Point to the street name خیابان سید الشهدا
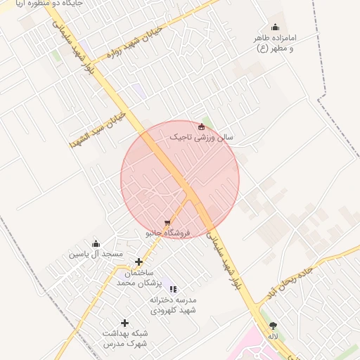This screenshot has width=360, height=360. click(98, 127)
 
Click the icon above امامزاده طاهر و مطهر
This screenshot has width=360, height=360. click(275, 27)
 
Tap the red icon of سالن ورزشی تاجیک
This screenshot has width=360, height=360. click(202, 127)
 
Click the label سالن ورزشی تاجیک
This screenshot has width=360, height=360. click(202, 137)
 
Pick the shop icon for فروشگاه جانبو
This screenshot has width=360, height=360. click(167, 223)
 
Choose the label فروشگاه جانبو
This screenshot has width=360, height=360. click(165, 233)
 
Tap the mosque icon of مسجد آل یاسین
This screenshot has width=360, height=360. click(96, 243)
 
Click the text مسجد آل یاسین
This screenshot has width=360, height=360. click(96, 253)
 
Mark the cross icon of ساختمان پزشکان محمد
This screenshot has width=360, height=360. click(139, 262)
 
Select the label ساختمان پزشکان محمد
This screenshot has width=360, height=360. click(139, 277)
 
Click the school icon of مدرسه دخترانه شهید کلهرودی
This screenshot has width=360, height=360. click(173, 289)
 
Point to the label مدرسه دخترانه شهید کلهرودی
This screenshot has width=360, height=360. click(173, 304)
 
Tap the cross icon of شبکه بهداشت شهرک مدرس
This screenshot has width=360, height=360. click(125, 323)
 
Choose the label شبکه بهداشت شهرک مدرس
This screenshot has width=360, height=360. click(125, 338)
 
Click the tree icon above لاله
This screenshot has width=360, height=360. click(273, 326)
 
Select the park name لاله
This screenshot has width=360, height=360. click(273, 337)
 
